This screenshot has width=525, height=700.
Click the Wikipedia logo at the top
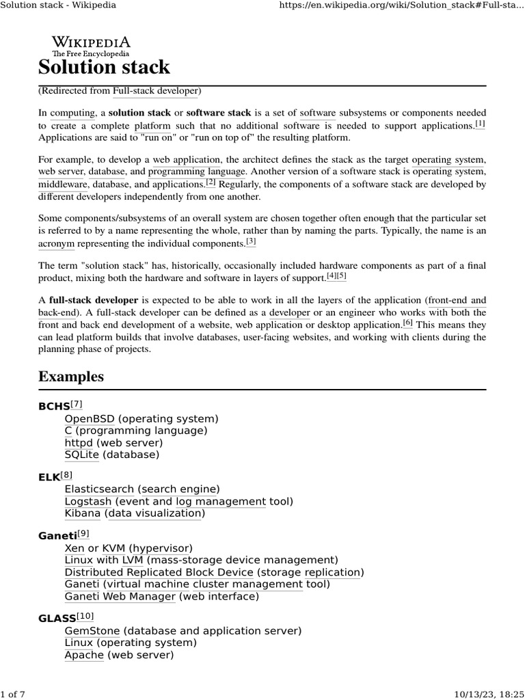pyautogui.click(x=91, y=45)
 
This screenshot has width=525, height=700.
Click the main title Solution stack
pyautogui.click(x=104, y=67)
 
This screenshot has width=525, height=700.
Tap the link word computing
pyautogui.click(x=72, y=112)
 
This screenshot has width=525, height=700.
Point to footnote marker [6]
pyautogui.click(x=407, y=323)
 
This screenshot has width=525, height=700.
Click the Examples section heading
pyautogui.click(x=71, y=377)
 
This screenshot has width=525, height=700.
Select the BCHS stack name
pyautogui.click(x=54, y=407)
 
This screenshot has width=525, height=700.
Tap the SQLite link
pyautogui.click(x=81, y=454)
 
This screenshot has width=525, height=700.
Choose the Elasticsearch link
pyautogui.click(x=99, y=489)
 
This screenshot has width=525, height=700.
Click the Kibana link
pyautogui.click(x=82, y=513)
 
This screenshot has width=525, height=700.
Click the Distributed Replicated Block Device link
pyautogui.click(x=159, y=572)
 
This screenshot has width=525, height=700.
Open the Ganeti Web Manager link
pyautogui.click(x=120, y=596)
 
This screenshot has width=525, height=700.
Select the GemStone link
pyautogui.click(x=92, y=631)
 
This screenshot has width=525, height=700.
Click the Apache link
pyautogui.click(x=84, y=655)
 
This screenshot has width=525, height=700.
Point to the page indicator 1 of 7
pyautogui.click(x=13, y=694)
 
